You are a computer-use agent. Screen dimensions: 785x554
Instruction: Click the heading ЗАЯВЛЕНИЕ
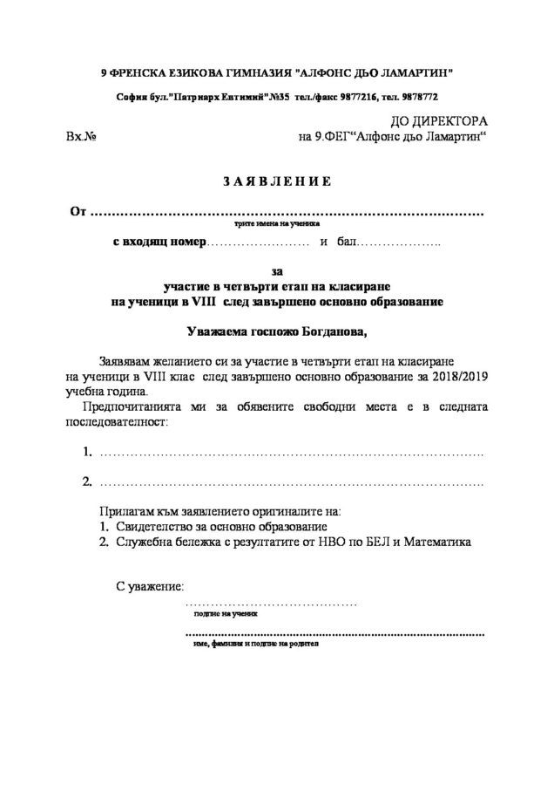(276, 181)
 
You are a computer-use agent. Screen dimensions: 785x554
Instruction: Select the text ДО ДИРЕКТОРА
(434, 122)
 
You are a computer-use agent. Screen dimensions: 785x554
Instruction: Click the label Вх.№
(80, 137)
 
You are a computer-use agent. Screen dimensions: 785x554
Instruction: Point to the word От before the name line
(78, 212)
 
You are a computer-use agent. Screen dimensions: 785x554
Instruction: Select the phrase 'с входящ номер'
(160, 241)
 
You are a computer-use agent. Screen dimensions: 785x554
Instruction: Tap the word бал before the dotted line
(347, 241)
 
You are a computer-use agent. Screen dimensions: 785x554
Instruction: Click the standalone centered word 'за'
(277, 272)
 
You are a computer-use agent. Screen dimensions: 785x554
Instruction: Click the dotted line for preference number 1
(292, 454)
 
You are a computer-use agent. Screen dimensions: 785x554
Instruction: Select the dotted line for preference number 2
(292, 482)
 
